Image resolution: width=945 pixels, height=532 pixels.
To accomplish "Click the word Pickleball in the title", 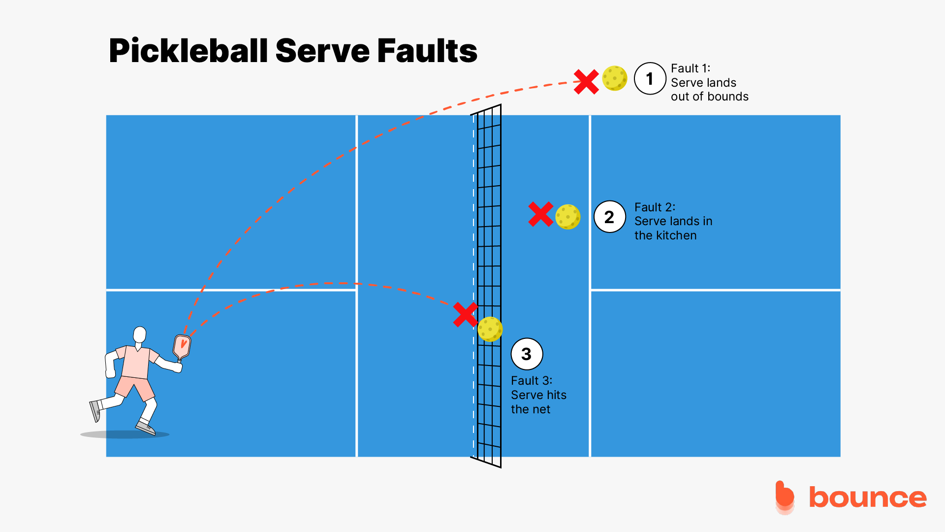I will click(x=189, y=51).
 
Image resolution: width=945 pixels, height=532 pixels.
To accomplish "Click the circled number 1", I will click(x=650, y=79).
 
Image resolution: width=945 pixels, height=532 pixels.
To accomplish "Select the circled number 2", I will click(x=609, y=217).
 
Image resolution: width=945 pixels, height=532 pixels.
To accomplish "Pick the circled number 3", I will click(x=527, y=354).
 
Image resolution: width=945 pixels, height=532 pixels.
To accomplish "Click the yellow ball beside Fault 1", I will click(x=615, y=78).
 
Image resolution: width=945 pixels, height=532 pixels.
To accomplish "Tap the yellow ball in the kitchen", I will click(x=567, y=217).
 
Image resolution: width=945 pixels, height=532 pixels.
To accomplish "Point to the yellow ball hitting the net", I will click(x=490, y=329).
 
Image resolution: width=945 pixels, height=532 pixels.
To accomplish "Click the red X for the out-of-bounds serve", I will click(x=586, y=82).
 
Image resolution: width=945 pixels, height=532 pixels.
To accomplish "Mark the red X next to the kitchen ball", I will click(x=540, y=214).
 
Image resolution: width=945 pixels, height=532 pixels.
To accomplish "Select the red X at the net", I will click(x=465, y=315).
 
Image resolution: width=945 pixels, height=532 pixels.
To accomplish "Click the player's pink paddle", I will click(x=182, y=346).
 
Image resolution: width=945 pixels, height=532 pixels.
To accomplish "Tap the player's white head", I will click(x=140, y=335).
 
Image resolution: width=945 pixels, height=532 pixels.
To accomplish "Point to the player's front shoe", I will click(x=146, y=428).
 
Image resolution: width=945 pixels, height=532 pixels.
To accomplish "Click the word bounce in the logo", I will click(x=868, y=498).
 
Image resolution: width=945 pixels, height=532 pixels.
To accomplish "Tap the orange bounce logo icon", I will click(x=785, y=497).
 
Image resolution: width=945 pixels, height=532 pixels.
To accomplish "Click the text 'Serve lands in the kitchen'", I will click(x=673, y=222).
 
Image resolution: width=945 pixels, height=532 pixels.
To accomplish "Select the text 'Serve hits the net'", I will click(x=538, y=396).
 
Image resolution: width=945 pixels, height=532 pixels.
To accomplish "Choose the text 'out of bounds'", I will click(x=709, y=97).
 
